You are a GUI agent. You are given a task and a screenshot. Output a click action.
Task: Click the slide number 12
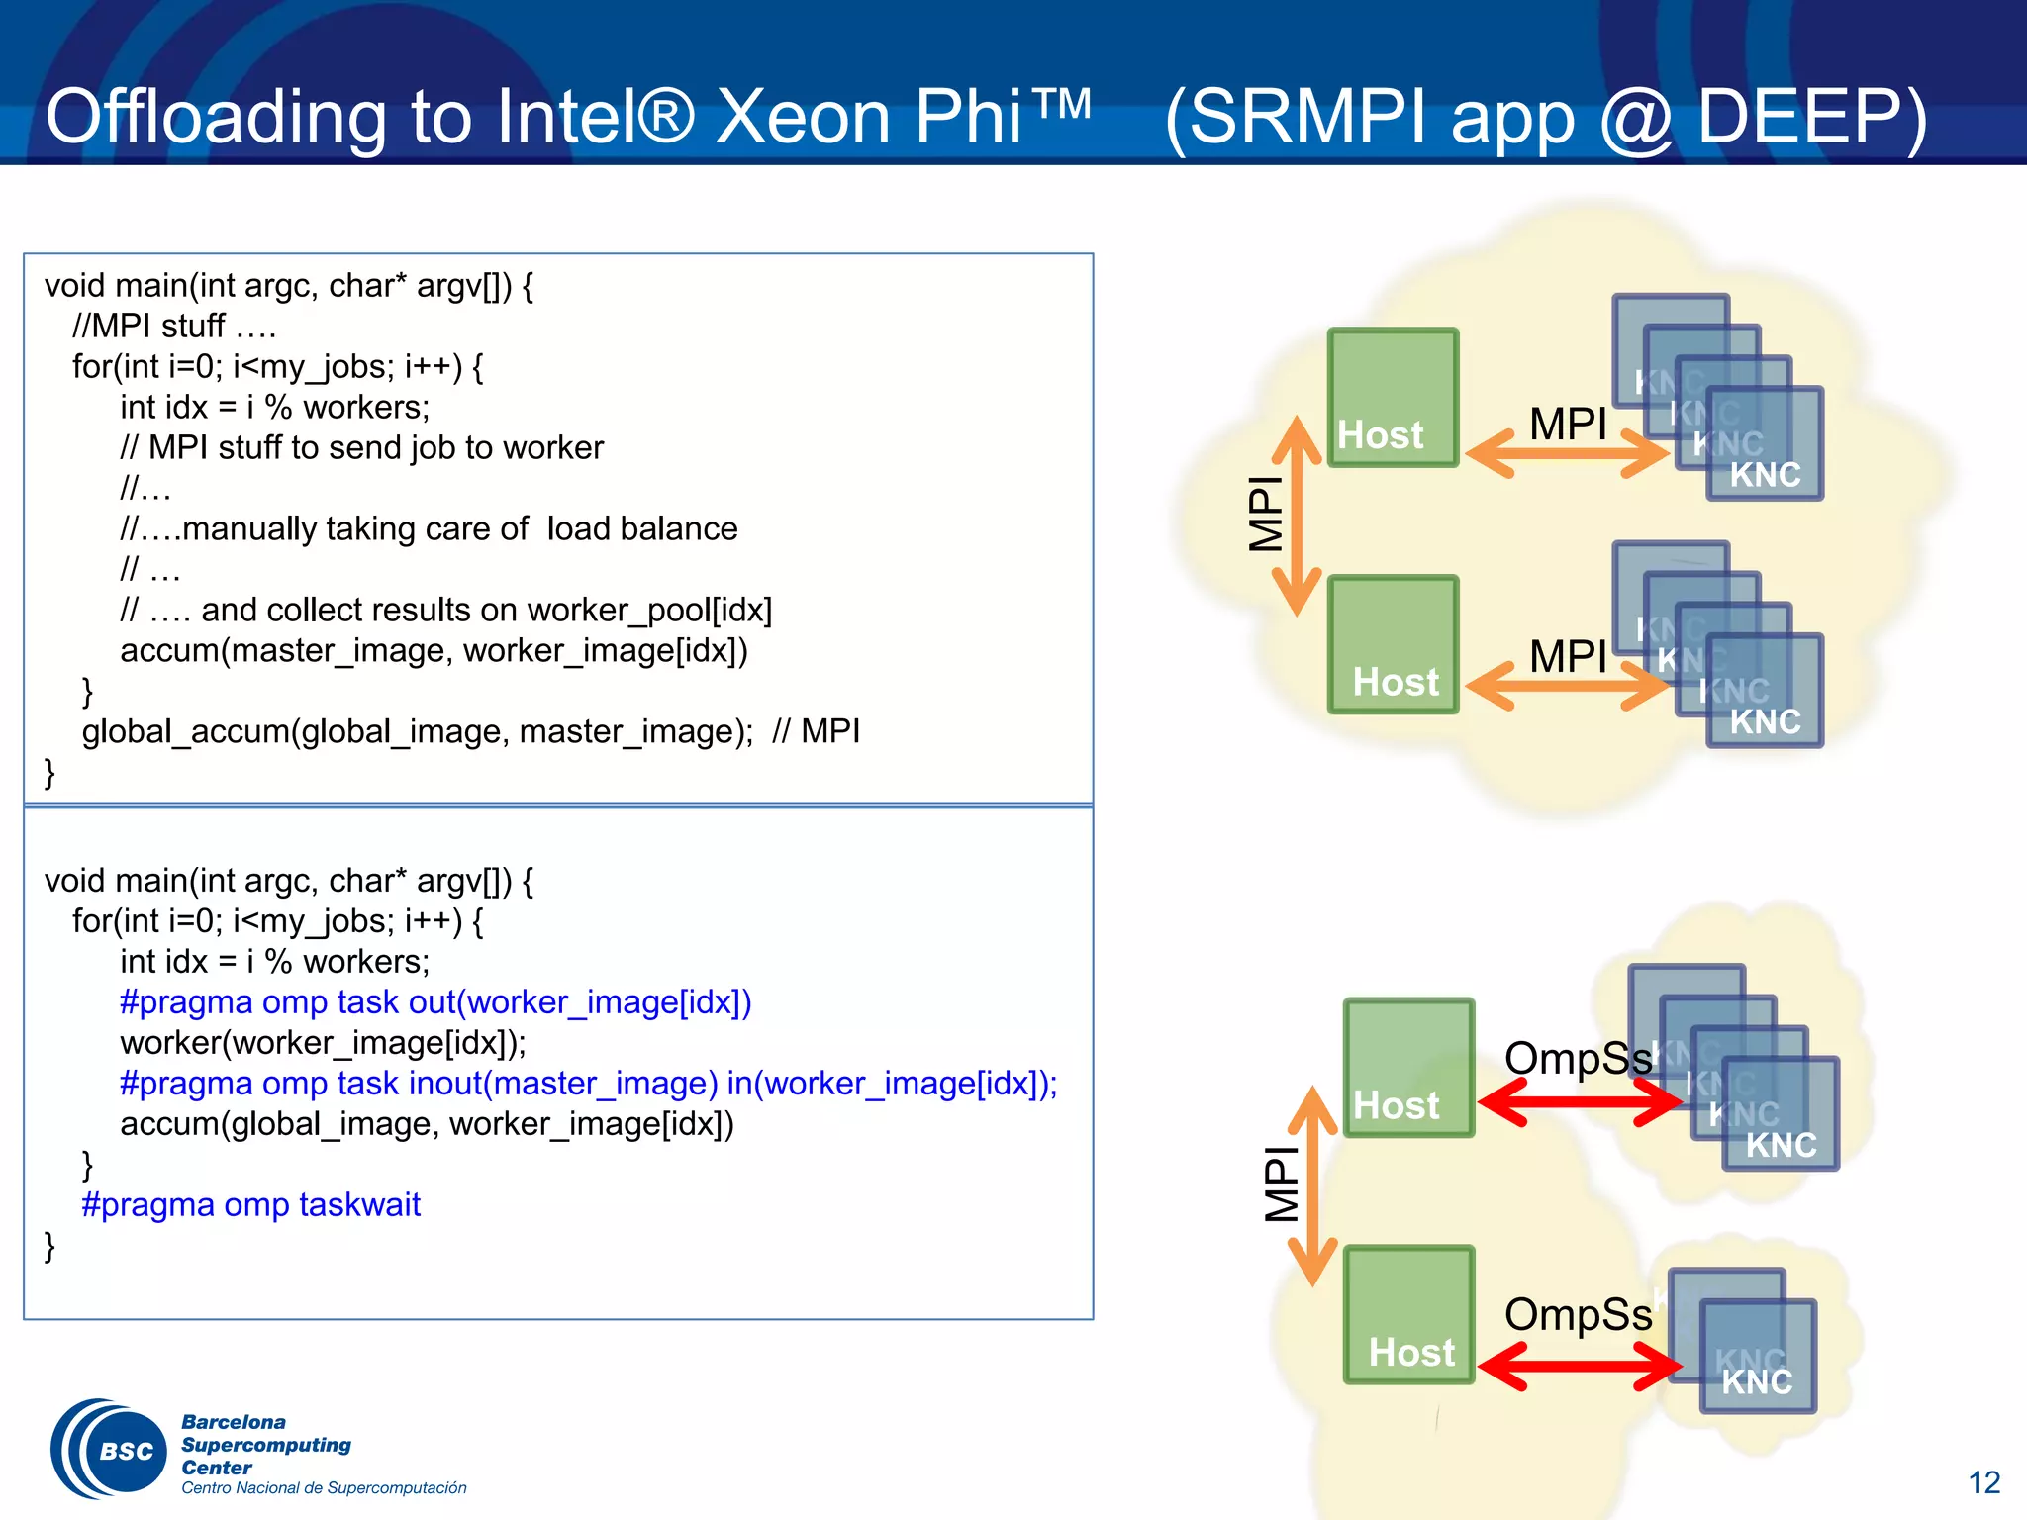1983,1482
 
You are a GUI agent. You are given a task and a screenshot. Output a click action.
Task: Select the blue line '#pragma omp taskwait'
250,1204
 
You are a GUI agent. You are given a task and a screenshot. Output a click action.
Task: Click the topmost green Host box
1392,397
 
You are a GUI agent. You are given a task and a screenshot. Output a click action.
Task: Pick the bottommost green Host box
1408,1314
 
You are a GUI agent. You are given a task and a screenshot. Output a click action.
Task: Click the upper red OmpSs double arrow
1580,1101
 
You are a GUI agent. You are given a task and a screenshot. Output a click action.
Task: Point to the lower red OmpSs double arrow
1580,1367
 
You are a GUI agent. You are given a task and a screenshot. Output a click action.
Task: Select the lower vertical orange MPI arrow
1312,1186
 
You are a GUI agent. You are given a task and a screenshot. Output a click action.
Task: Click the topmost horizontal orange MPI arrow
1567,454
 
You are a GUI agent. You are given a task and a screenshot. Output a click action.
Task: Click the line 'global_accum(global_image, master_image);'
417,731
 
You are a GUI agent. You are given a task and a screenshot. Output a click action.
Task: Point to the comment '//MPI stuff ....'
173,326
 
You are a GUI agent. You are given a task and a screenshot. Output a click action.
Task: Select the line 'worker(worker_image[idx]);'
323,1043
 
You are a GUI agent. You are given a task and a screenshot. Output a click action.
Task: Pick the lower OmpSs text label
1578,1315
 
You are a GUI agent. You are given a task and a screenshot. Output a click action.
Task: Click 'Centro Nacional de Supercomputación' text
324,1488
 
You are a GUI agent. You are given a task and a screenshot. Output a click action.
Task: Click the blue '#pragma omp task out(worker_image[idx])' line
435,1002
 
